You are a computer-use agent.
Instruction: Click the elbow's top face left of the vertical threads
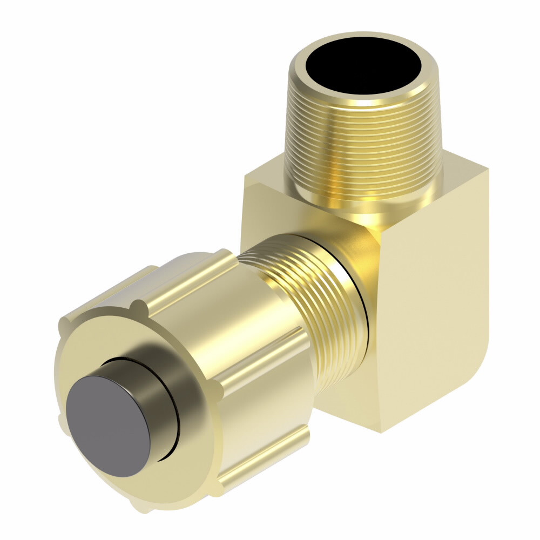pyautogui.click(x=265, y=178)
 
